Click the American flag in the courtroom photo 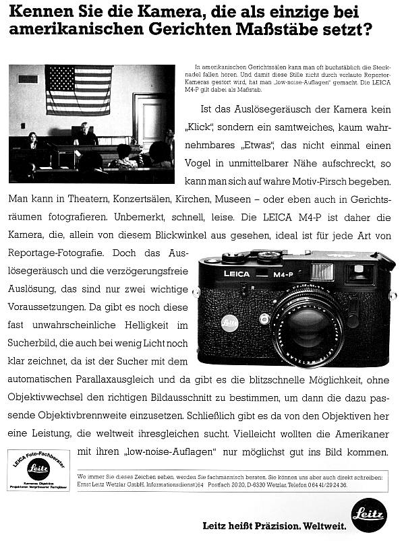click(78, 90)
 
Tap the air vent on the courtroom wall click(28, 79)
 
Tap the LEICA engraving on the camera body click(236, 274)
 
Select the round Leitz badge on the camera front click(229, 323)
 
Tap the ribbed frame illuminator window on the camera click(322, 272)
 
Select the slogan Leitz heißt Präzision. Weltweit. click(275, 525)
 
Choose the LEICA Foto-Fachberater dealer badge click(38, 469)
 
